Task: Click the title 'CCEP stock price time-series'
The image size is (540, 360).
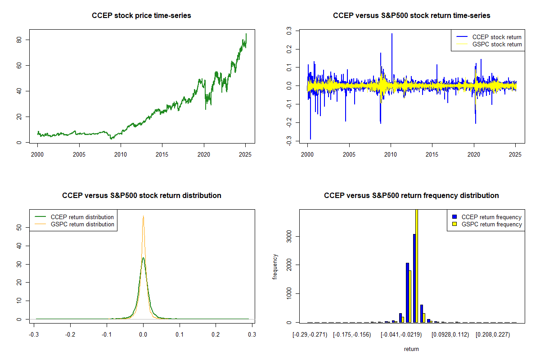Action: tap(141, 16)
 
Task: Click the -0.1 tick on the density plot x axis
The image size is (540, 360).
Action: tap(106, 334)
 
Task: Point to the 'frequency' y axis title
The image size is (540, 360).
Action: tap(275, 266)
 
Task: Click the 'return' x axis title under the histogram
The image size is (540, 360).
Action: tap(411, 349)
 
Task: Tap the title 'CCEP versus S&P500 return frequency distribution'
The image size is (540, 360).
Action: tap(411, 196)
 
